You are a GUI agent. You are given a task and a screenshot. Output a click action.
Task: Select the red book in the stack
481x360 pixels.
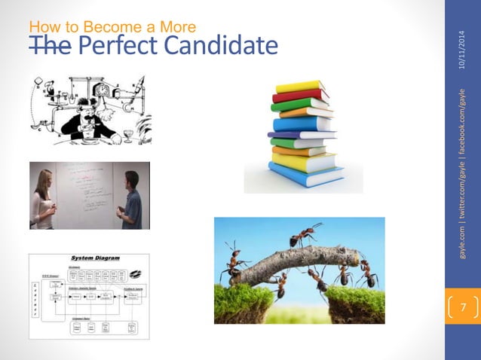300,96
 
